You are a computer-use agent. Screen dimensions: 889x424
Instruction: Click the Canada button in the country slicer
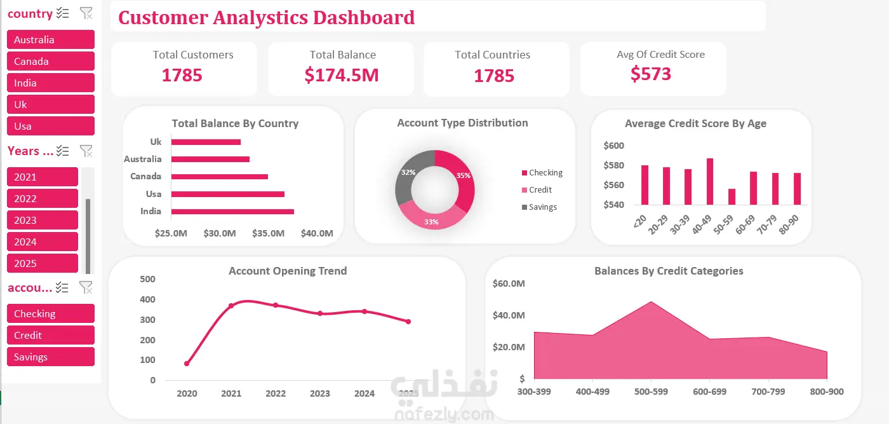click(51, 61)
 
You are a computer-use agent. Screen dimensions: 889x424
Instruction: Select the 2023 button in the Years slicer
click(43, 220)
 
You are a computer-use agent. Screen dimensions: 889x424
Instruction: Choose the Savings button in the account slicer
click(51, 357)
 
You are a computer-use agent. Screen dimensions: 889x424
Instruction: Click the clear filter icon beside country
click(86, 13)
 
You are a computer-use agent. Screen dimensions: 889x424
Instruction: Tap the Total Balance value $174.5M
click(342, 75)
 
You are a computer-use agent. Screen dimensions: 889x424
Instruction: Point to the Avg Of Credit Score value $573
click(651, 74)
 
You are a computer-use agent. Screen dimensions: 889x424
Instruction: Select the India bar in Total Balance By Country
click(232, 212)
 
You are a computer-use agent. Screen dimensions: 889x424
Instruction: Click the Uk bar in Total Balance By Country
click(206, 142)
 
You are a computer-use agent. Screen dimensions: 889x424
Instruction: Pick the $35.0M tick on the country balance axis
click(268, 233)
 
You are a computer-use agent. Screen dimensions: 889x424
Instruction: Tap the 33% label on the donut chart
click(431, 222)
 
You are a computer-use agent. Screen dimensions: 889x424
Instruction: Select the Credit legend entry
click(537, 190)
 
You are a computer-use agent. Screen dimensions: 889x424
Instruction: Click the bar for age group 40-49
click(710, 182)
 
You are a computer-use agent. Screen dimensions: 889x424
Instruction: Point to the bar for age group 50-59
click(732, 196)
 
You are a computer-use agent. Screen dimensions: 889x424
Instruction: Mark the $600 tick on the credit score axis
click(613, 146)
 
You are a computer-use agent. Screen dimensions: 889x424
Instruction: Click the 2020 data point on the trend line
click(187, 364)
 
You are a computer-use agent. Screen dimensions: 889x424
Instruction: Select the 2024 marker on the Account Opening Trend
click(364, 311)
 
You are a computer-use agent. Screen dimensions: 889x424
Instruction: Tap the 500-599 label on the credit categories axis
click(651, 392)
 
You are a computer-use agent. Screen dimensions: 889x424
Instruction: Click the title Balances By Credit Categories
click(669, 271)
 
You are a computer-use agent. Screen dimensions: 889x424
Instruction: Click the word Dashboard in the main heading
click(364, 18)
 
